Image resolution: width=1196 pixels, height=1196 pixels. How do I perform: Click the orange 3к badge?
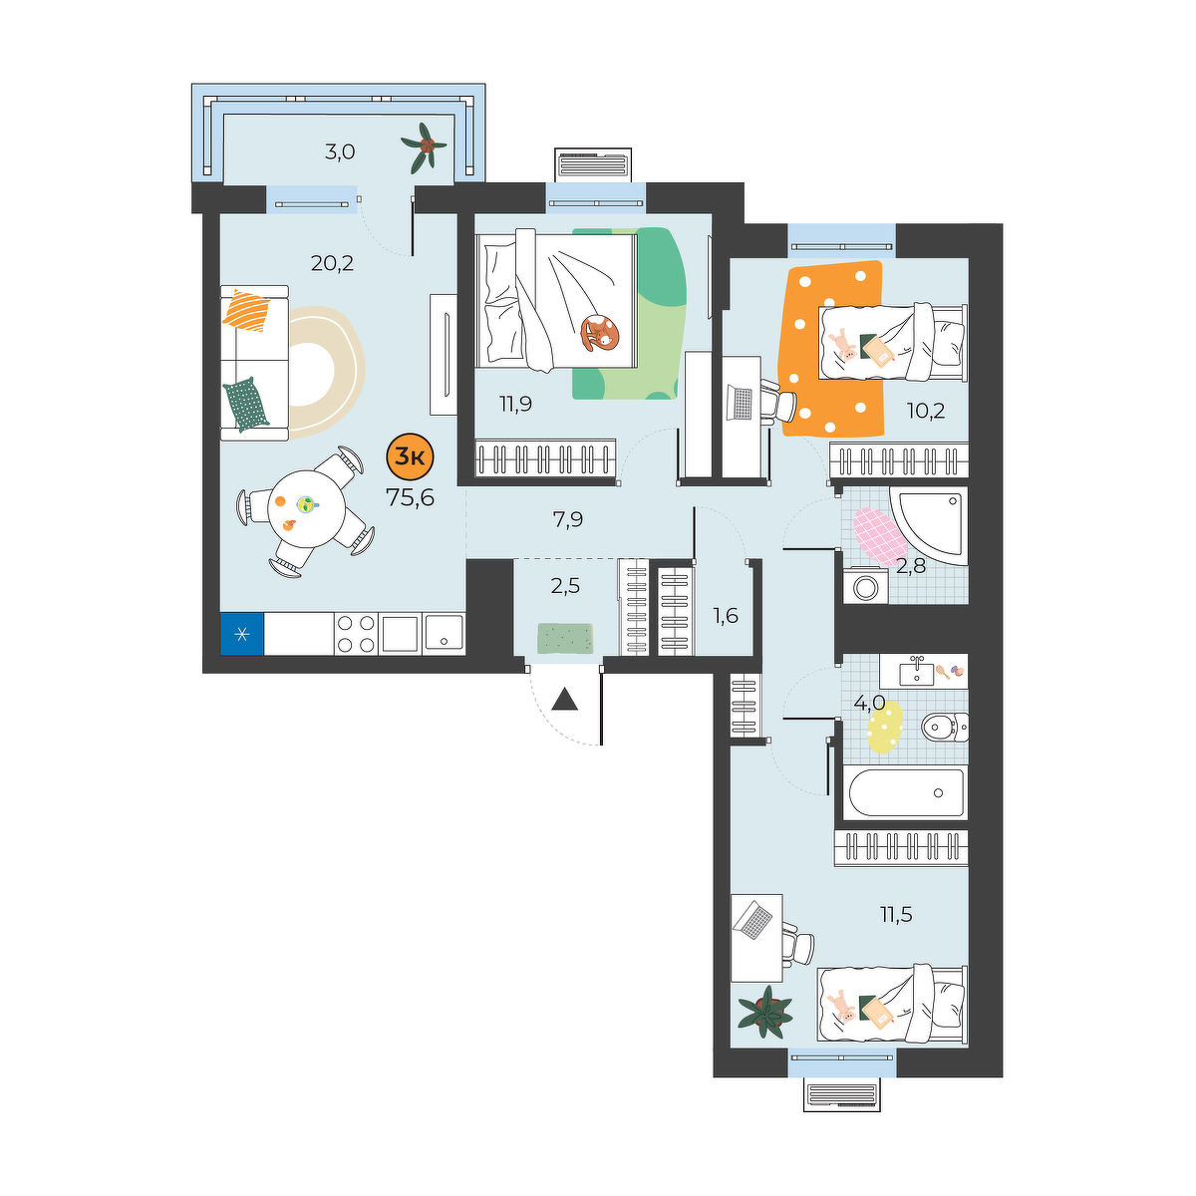(x=410, y=457)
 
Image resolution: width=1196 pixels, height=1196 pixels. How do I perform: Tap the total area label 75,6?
(x=410, y=497)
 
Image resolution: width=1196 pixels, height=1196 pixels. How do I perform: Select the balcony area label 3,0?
(x=340, y=151)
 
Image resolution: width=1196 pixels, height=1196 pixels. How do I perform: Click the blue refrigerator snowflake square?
(x=242, y=634)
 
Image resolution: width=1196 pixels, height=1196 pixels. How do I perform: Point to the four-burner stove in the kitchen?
(x=356, y=634)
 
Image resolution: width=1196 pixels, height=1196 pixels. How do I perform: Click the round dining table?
(x=306, y=509)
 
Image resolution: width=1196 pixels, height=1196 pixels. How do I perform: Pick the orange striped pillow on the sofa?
(x=247, y=310)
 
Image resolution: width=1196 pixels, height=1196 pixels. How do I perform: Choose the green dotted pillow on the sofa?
(x=247, y=404)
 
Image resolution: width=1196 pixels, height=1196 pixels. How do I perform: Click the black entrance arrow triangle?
(x=565, y=700)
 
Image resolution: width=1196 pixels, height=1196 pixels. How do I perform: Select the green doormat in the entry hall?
(x=565, y=639)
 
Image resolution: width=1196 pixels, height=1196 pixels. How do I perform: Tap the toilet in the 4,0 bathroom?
(x=945, y=727)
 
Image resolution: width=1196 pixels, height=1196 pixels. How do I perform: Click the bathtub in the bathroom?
(x=906, y=792)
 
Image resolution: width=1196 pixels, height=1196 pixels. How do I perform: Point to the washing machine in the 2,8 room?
(x=864, y=585)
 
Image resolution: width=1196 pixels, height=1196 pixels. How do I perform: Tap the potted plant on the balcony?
(x=425, y=147)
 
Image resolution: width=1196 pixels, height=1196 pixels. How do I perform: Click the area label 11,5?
(x=896, y=914)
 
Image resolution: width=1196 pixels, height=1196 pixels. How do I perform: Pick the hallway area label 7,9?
(x=567, y=519)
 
